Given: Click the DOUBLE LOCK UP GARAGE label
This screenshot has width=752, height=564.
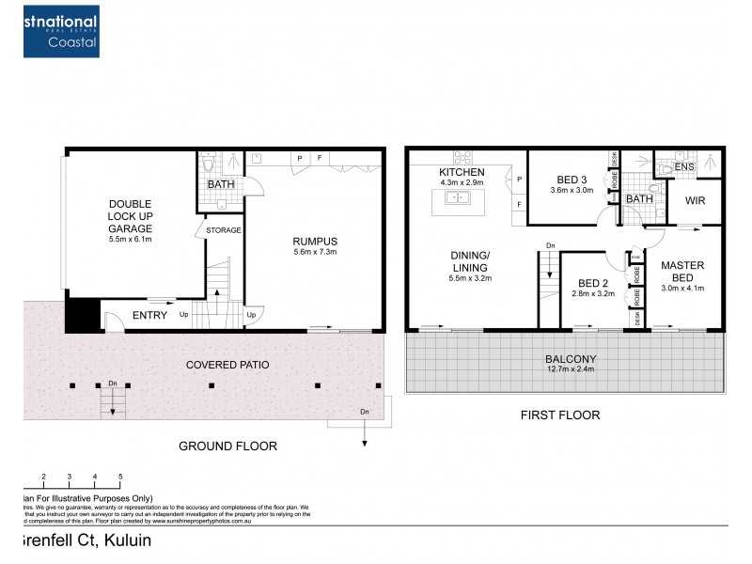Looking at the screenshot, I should pyautogui.click(x=130, y=216).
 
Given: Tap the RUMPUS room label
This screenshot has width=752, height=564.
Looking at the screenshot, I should pyautogui.click(x=314, y=241).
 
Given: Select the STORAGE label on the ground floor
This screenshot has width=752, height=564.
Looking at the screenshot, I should pyautogui.click(x=224, y=230).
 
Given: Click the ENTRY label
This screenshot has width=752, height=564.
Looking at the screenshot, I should pyautogui.click(x=149, y=316).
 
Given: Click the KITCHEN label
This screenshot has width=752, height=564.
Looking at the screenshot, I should pyautogui.click(x=462, y=173).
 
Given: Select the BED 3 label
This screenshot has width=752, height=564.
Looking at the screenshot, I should pyautogui.click(x=572, y=180).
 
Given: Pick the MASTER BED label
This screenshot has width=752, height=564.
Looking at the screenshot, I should pyautogui.click(x=681, y=272).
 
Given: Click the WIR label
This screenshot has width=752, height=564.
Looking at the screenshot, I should pyautogui.click(x=696, y=200).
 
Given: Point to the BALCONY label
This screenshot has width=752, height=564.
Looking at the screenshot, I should pyautogui.click(x=572, y=359).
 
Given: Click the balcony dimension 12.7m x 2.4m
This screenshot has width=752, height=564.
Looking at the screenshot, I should pyautogui.click(x=572, y=370).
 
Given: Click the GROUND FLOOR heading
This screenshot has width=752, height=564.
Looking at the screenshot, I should pyautogui.click(x=227, y=446).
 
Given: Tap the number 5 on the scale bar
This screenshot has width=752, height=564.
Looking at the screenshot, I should pyautogui.click(x=120, y=478).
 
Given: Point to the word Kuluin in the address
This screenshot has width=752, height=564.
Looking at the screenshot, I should pyautogui.click(x=123, y=541).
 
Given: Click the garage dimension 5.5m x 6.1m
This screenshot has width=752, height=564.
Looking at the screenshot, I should pyautogui.click(x=130, y=239).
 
